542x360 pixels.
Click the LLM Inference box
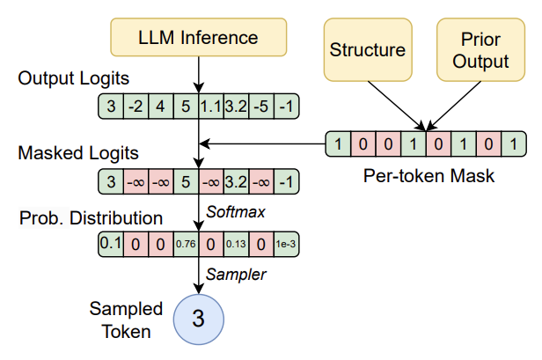[x=197, y=38]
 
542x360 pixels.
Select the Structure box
[x=368, y=49]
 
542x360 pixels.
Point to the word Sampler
[x=232, y=275]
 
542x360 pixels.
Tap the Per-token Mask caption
[x=429, y=176]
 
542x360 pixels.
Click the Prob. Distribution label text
[x=89, y=217]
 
